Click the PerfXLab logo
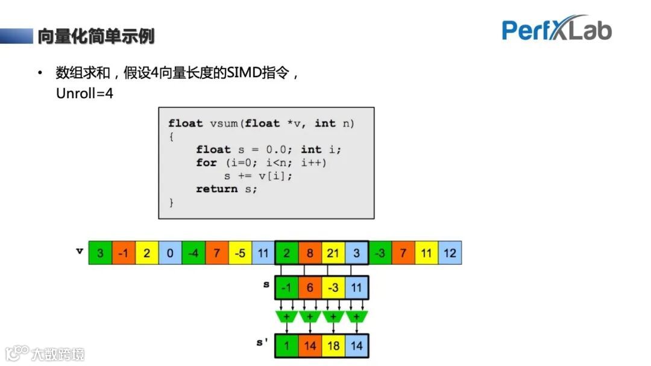(x=556, y=29)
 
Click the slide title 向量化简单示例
(x=96, y=36)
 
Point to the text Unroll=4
(x=84, y=93)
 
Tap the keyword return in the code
(x=216, y=189)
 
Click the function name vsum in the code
(x=224, y=123)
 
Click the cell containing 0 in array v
(x=170, y=253)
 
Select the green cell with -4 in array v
(x=193, y=253)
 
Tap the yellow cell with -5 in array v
(x=240, y=253)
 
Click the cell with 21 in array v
(x=333, y=253)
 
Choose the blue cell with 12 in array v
(x=450, y=253)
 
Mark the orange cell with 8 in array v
(x=310, y=253)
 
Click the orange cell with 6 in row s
(x=310, y=288)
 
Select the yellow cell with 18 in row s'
(x=333, y=346)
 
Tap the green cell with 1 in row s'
(x=286, y=346)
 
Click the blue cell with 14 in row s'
(x=356, y=346)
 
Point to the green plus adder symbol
(x=286, y=317)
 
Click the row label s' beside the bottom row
(x=262, y=343)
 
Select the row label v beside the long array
(x=79, y=250)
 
